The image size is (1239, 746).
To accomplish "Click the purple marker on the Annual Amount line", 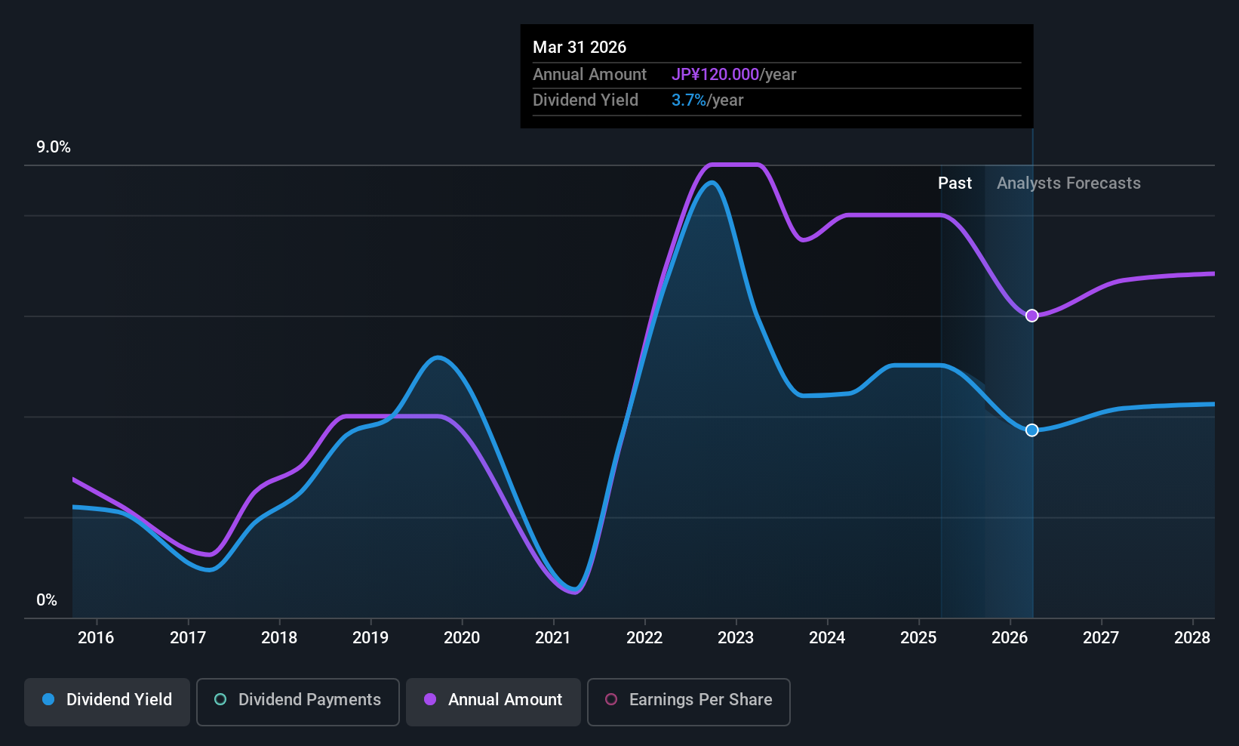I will tap(1031, 316).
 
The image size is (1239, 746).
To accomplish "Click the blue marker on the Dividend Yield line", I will tap(1031, 430).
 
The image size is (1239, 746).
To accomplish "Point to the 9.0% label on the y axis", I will tap(54, 147).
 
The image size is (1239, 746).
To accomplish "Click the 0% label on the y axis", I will tap(47, 600).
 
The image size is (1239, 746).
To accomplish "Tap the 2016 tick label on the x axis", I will tap(96, 638).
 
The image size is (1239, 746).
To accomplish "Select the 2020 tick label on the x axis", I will tap(462, 638).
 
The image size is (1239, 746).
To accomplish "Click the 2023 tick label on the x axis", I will tap(736, 638).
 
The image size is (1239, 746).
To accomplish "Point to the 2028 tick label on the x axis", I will tap(1192, 638).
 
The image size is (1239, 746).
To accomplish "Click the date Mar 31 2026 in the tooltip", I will tap(580, 47).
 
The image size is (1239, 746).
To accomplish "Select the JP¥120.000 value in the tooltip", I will tap(715, 74).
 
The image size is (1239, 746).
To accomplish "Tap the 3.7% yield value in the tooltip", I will tap(689, 100).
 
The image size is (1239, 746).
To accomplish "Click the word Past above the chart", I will tap(955, 183).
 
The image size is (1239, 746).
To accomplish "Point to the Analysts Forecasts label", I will tap(1068, 183).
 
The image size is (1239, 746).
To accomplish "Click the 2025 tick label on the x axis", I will tap(918, 638).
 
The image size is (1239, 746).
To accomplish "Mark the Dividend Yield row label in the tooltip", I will tap(586, 100).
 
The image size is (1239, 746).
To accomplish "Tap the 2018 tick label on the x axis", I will tap(279, 638).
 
